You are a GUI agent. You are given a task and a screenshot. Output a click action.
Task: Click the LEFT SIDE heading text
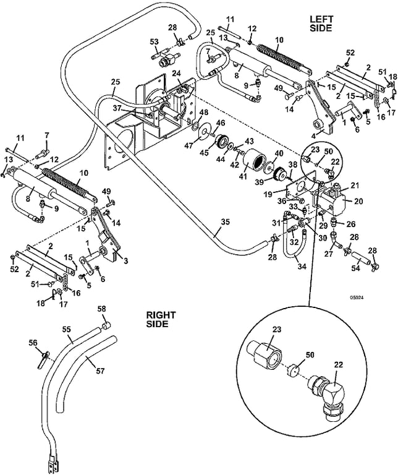pos(321,24)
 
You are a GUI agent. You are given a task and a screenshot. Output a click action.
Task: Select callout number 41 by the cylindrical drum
pos(244,178)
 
